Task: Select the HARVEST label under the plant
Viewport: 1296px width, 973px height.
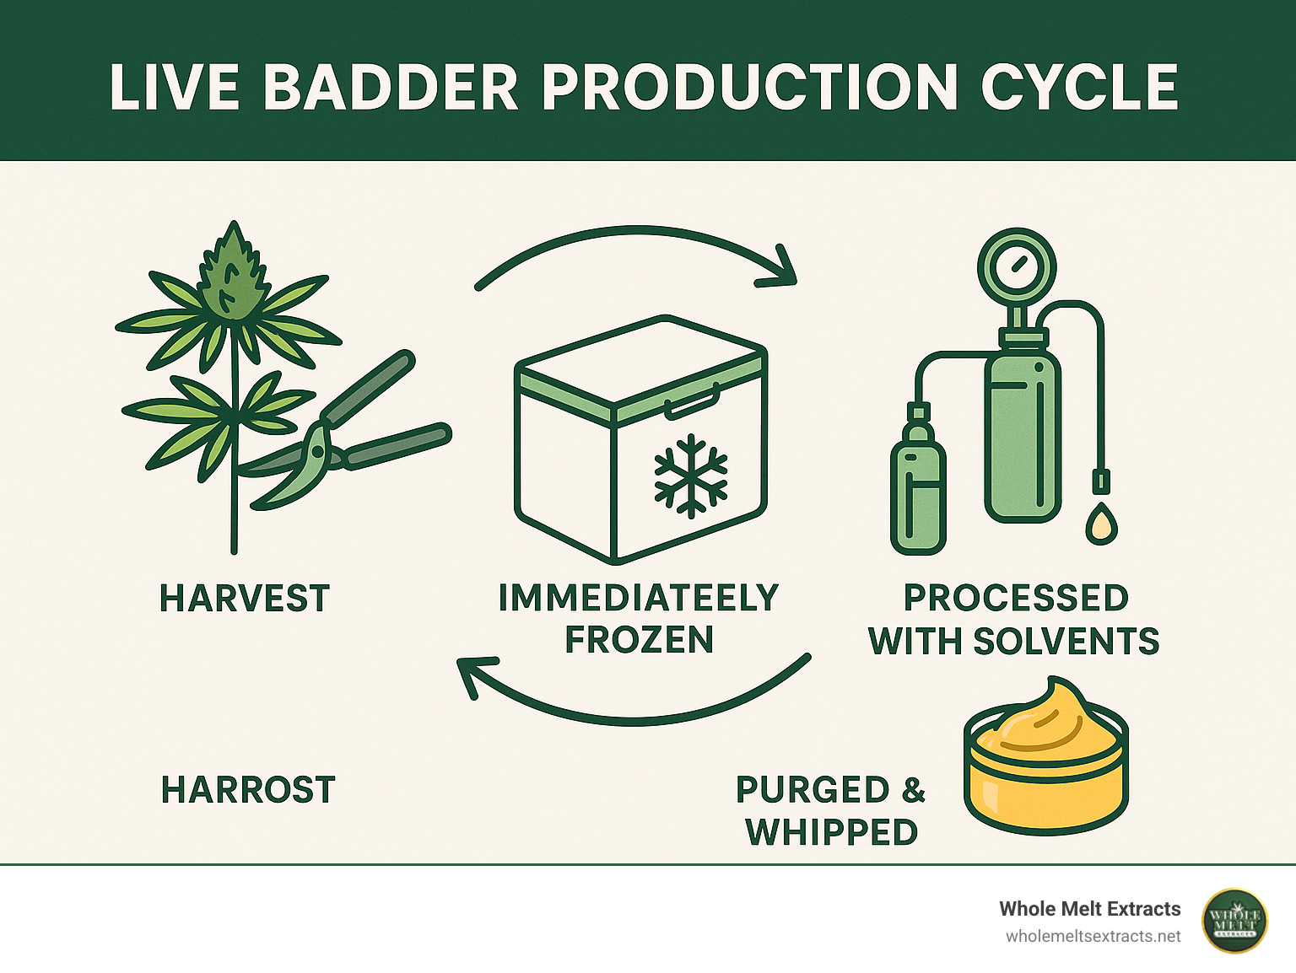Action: click(245, 599)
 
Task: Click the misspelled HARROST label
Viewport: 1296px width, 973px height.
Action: click(248, 790)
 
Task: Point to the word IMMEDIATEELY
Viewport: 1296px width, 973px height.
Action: click(639, 598)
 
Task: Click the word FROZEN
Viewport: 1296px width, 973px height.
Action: click(639, 640)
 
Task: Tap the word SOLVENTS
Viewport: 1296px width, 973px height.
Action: click(1066, 642)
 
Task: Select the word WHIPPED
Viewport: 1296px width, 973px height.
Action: click(832, 832)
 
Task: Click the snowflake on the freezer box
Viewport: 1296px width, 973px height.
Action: click(691, 476)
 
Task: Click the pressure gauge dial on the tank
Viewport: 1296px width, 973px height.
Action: click(1016, 268)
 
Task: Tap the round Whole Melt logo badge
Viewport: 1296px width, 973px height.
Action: click(1234, 921)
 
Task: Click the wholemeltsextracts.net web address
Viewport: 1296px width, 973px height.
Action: click(1093, 937)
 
